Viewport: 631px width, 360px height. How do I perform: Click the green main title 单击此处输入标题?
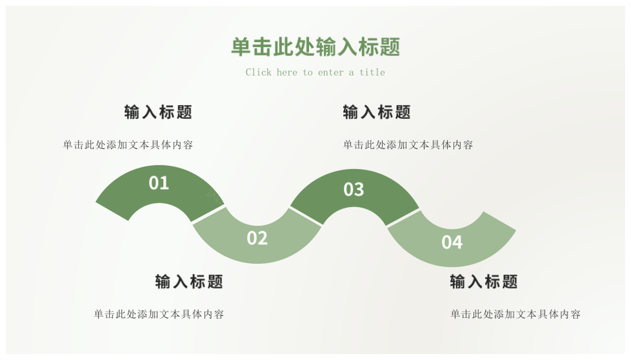pyautogui.click(x=315, y=47)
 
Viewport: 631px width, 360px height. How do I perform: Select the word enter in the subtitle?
pyautogui.click(x=331, y=72)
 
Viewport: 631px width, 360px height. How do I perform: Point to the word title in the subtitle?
pyautogui.click(x=372, y=72)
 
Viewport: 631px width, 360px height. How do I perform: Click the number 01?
pyautogui.click(x=159, y=183)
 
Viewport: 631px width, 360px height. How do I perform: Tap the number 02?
pyautogui.click(x=257, y=238)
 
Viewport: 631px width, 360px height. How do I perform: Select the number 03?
pyautogui.click(x=354, y=190)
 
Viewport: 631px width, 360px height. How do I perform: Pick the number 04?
pyautogui.click(x=452, y=242)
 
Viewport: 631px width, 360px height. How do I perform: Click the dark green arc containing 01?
pyautogui.click(x=125, y=194)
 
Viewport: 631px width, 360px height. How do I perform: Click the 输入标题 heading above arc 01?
pyautogui.click(x=158, y=112)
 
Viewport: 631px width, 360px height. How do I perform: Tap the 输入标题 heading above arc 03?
pyautogui.click(x=377, y=112)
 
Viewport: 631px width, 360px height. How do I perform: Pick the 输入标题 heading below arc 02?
pyautogui.click(x=189, y=282)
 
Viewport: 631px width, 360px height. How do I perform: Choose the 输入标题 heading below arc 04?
pyautogui.click(x=484, y=282)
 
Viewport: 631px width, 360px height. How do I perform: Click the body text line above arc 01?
pyautogui.click(x=128, y=145)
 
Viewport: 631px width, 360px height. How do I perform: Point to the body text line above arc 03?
pyautogui.click(x=408, y=145)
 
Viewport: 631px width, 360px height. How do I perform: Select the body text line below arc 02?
pyautogui.click(x=159, y=315)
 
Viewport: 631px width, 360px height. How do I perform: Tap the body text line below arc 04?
pyautogui.click(x=515, y=315)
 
